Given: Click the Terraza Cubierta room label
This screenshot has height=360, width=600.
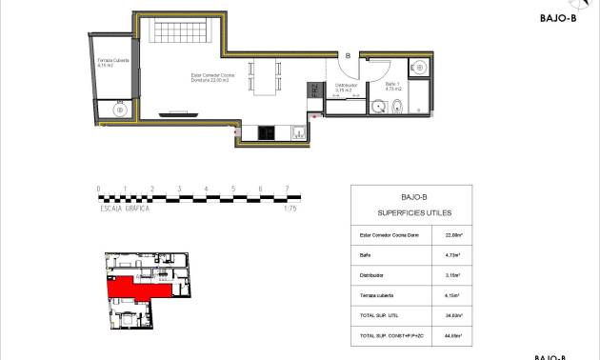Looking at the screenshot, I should pos(113,62).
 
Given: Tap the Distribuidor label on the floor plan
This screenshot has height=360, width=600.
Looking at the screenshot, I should pos(346,87).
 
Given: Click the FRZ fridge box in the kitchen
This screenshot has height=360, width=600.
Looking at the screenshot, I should pos(312,92).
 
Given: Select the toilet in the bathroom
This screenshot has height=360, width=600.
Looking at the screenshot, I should pos(398,108).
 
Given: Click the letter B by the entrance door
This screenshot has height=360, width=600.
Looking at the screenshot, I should pos(348,56).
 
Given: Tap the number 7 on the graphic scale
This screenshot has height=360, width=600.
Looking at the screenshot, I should pos(288,189).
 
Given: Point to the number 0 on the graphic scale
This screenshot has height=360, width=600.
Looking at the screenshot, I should pos(98,189).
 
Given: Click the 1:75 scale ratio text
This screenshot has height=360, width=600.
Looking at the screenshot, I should pos(290,208).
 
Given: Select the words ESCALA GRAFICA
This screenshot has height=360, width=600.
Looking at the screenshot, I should pos(125,208).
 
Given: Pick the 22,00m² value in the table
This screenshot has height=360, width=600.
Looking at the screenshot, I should pos(453,233).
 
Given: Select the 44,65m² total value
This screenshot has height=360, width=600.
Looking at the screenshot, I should pos(453,336).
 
